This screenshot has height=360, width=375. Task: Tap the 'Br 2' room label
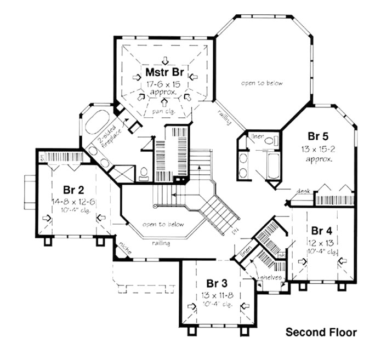click(73, 190)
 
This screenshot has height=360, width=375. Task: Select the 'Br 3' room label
click(217, 283)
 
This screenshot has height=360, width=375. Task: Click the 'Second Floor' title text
click(321, 332)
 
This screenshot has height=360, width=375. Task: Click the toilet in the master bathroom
click(144, 174)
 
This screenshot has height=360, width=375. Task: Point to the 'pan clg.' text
click(163, 111)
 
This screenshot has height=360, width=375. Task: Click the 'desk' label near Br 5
click(303, 191)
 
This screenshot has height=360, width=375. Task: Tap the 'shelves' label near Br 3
click(271, 277)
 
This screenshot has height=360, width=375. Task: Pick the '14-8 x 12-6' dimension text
click(73, 202)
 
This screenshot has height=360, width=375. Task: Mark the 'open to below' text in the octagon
click(262, 83)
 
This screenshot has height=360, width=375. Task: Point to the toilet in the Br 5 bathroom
click(269, 141)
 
